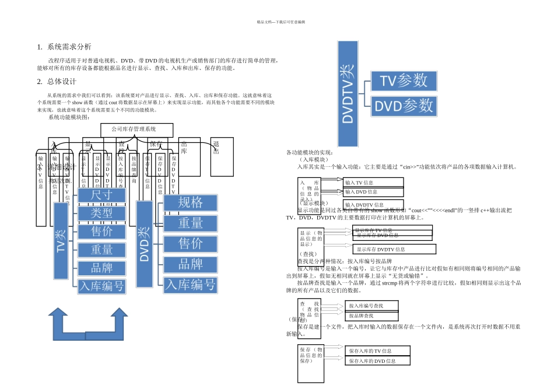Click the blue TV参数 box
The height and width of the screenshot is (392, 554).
[404, 80]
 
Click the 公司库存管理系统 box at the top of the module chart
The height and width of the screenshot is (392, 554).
[137, 129]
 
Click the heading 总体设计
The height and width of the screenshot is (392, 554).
[62, 82]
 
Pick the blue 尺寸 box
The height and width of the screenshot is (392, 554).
[101, 195]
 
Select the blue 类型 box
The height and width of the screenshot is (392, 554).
[101, 213]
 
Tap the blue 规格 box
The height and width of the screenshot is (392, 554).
[190, 202]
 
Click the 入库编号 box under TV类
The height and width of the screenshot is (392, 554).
[101, 286]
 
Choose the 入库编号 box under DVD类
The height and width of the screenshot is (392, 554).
[190, 284]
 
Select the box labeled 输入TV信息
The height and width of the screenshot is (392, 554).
[373, 183]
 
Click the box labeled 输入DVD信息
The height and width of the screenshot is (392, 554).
[373, 191]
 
